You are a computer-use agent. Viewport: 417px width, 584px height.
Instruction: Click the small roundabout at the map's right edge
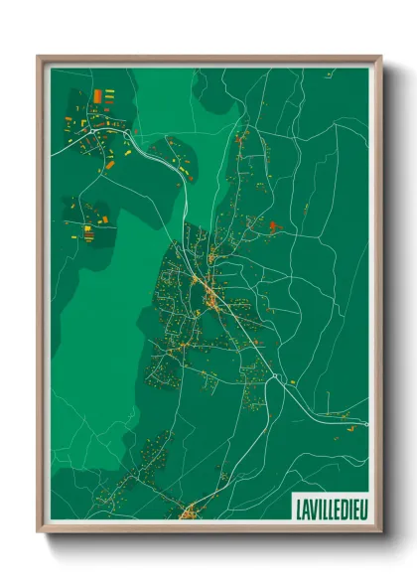pyautogui.click(x=365, y=424)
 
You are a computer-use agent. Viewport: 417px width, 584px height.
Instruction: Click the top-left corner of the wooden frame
pyautogui.click(x=38, y=57)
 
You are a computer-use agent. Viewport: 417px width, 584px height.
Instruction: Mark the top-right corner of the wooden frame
pyautogui.click(x=381, y=57)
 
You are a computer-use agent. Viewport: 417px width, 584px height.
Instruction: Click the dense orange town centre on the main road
pyautogui.click(x=211, y=292)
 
